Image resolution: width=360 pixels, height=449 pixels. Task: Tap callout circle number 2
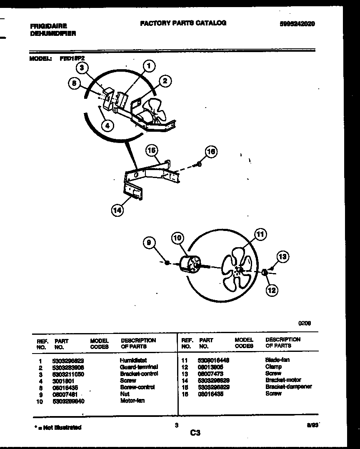click(x=165, y=81)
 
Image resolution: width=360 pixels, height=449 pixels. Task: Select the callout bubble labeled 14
click(x=117, y=211)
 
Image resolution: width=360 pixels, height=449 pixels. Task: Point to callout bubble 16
click(x=211, y=151)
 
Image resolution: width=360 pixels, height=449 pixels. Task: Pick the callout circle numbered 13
click(x=283, y=257)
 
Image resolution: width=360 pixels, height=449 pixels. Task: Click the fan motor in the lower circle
click(x=190, y=264)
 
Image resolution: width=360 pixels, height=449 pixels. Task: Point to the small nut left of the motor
click(x=167, y=263)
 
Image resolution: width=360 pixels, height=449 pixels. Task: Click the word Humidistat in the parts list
click(x=133, y=360)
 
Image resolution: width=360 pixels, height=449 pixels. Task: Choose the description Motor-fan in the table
click(x=132, y=401)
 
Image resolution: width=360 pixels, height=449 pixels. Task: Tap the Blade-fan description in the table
click(x=277, y=360)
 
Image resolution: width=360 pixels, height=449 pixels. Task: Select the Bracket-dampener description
click(x=288, y=387)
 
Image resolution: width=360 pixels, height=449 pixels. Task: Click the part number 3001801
click(x=63, y=381)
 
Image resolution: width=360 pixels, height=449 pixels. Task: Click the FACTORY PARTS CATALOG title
click(x=183, y=23)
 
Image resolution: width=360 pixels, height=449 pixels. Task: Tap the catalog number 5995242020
click(x=297, y=24)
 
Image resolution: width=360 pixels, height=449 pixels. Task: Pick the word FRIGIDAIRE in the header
click(x=48, y=26)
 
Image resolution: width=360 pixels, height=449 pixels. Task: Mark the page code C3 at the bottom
click(x=195, y=433)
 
